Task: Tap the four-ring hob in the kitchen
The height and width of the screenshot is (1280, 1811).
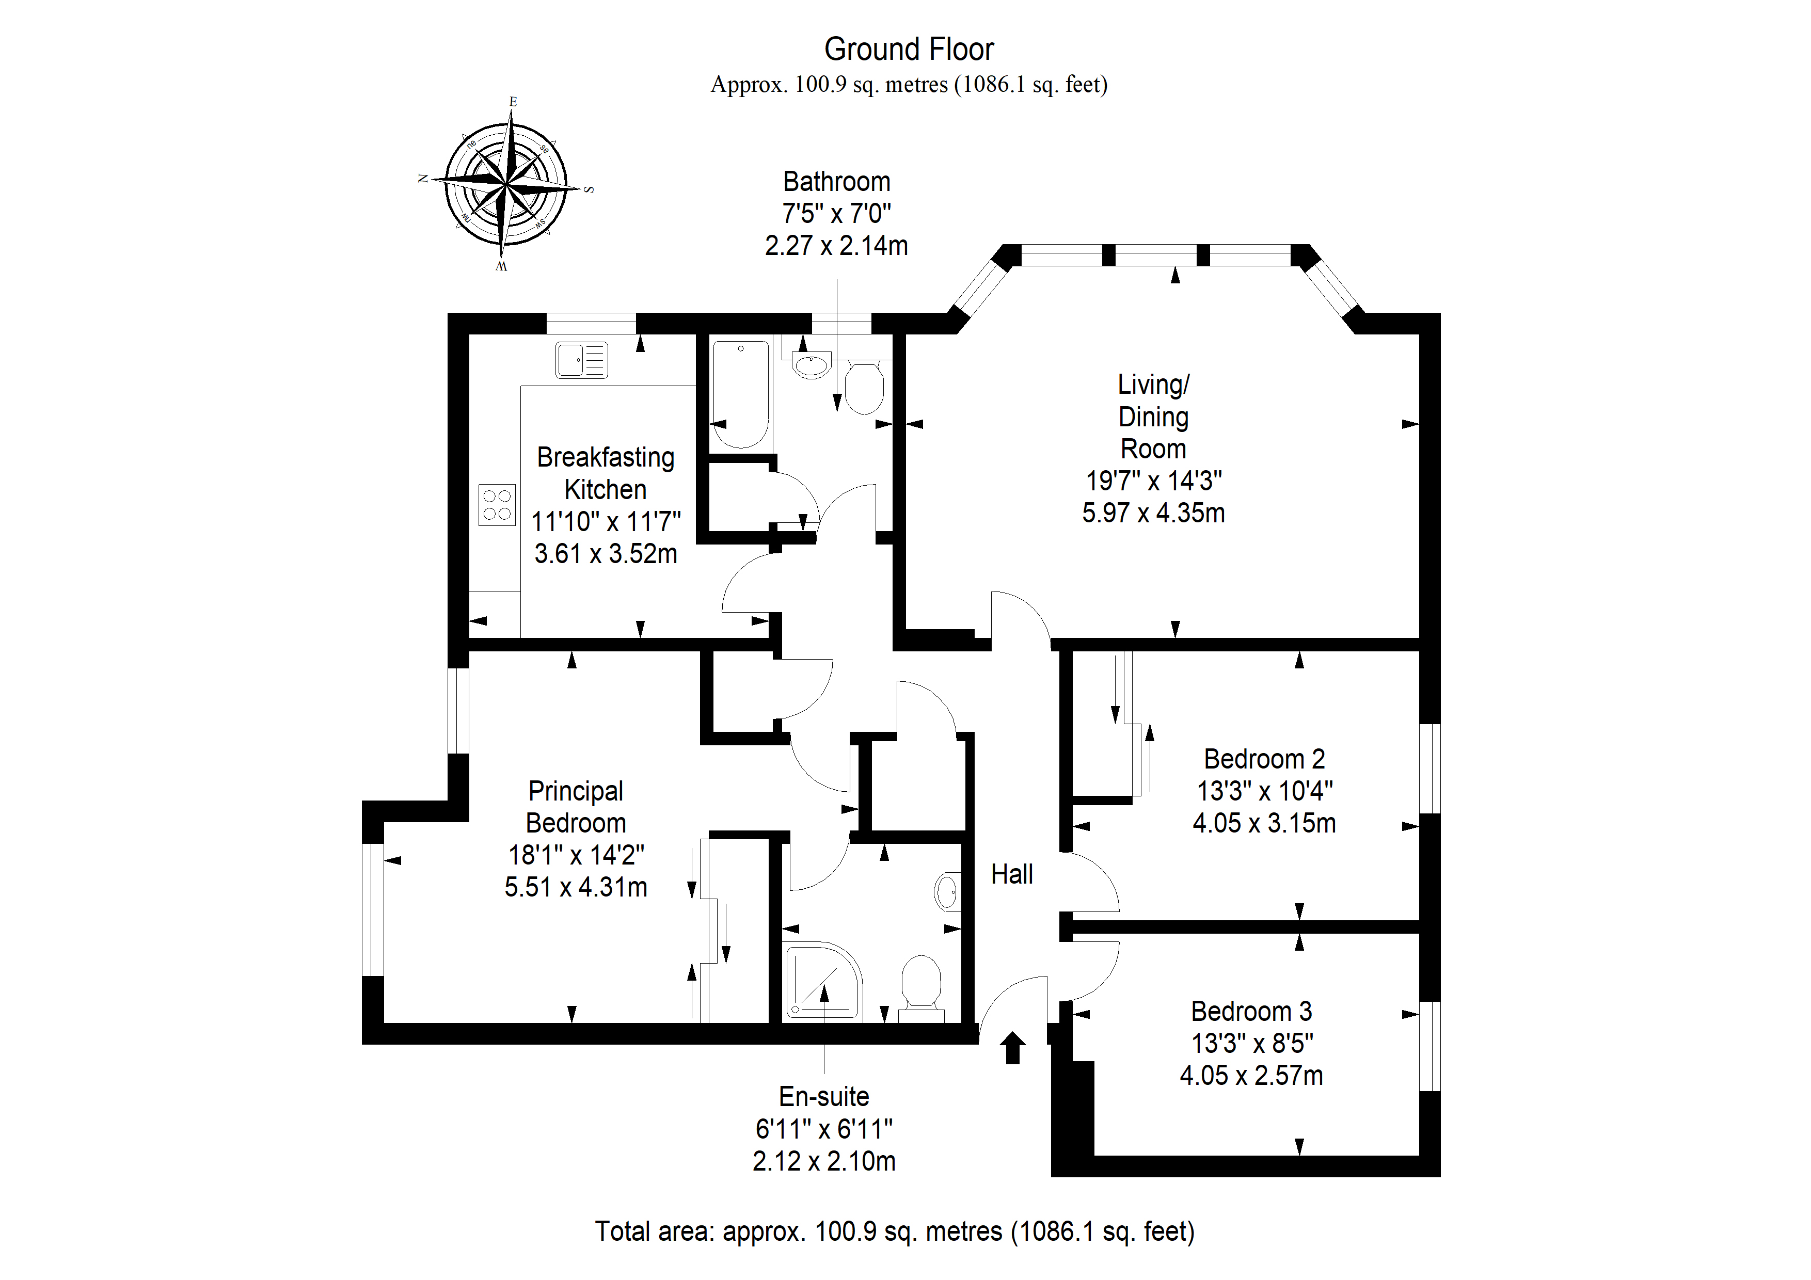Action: click(497, 505)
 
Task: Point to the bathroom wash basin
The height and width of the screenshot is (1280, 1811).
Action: click(811, 365)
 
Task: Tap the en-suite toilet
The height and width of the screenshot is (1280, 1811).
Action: click(922, 989)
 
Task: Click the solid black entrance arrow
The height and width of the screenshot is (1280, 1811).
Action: click(1013, 1048)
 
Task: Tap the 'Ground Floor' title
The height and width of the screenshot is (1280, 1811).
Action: click(909, 49)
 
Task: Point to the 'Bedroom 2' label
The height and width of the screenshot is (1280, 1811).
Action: click(1264, 759)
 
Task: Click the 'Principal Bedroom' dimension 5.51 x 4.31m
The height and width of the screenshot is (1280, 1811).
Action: click(576, 887)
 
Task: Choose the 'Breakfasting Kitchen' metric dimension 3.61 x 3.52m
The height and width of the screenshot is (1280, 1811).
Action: click(606, 554)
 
